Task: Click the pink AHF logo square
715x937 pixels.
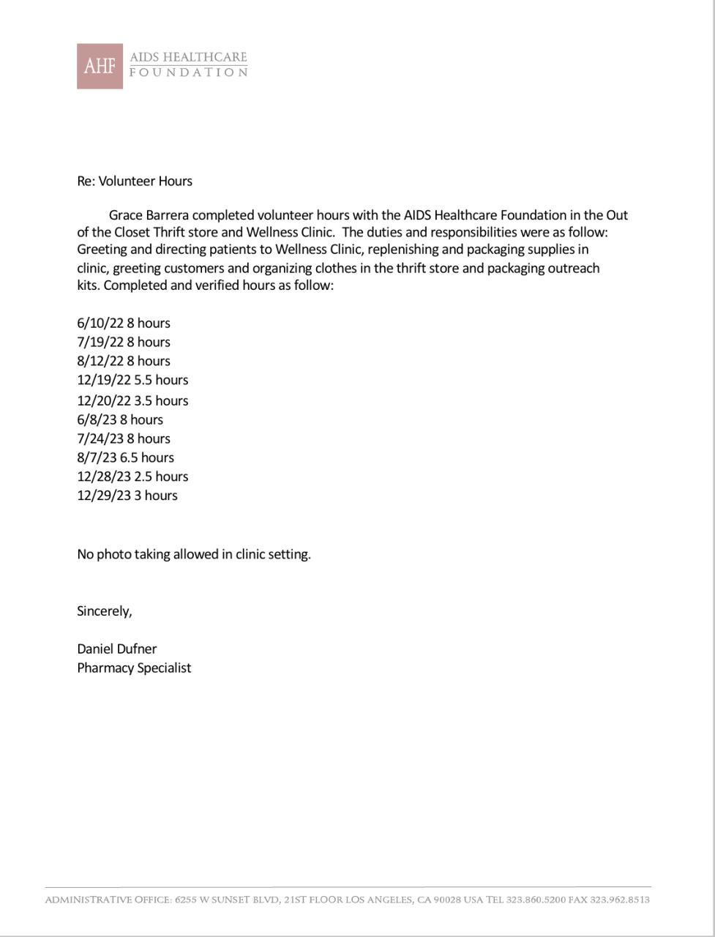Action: (100, 66)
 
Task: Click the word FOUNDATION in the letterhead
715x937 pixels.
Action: (188, 72)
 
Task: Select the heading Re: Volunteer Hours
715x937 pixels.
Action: (135, 181)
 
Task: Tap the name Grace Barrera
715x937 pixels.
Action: (148, 215)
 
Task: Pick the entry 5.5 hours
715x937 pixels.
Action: (161, 380)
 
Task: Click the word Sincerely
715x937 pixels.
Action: (104, 611)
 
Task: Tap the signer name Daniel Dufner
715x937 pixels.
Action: (116, 649)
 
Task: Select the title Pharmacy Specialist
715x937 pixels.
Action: (134, 668)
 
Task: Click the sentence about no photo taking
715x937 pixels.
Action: (194, 554)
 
